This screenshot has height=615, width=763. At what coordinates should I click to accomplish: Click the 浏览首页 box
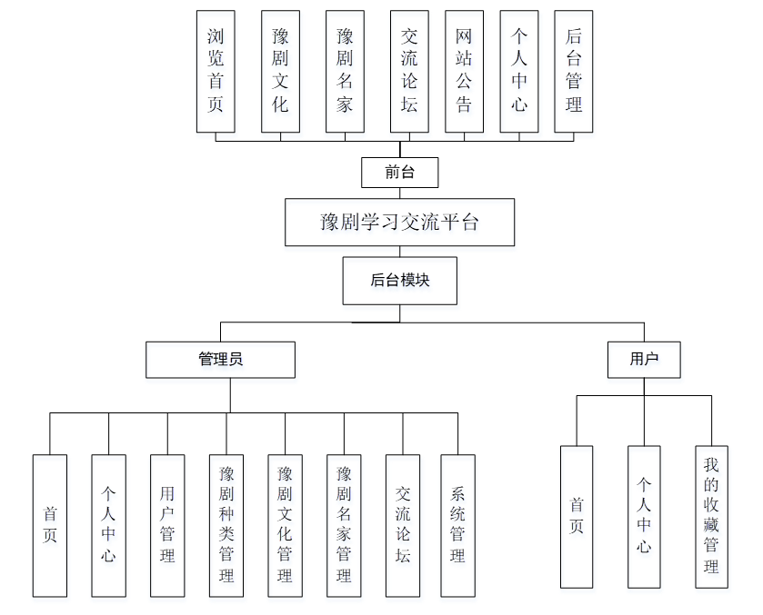click(x=216, y=72)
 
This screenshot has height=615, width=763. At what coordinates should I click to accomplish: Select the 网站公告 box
click(x=464, y=72)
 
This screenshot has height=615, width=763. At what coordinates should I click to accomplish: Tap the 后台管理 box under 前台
click(x=573, y=72)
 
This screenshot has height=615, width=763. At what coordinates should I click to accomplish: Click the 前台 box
click(x=399, y=172)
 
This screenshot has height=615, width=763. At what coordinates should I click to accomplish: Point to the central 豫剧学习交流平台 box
click(x=399, y=223)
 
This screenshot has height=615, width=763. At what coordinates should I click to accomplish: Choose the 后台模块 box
click(x=399, y=281)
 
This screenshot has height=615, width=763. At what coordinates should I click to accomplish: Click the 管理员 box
click(x=221, y=359)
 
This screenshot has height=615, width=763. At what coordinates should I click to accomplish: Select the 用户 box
click(x=644, y=359)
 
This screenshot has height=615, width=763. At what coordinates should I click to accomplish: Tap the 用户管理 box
click(x=167, y=525)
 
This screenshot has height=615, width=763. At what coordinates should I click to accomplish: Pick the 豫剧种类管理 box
click(x=226, y=525)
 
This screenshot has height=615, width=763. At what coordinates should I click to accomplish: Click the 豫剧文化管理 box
click(x=285, y=525)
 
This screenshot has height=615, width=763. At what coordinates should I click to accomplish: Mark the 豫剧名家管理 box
click(x=344, y=525)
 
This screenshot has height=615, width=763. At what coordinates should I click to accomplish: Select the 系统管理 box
click(x=457, y=525)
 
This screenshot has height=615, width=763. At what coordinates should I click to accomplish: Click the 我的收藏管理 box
click(x=711, y=516)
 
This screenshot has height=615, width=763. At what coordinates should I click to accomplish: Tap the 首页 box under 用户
click(x=577, y=516)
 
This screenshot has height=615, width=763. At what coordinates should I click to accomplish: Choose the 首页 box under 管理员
click(x=50, y=525)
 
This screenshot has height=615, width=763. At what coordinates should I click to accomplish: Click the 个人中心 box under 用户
click(x=644, y=516)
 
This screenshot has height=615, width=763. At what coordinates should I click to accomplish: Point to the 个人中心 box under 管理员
click(x=108, y=525)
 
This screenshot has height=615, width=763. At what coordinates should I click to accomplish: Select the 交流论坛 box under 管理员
click(x=403, y=525)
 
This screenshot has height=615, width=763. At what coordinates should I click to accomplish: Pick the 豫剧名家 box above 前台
click(x=345, y=72)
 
